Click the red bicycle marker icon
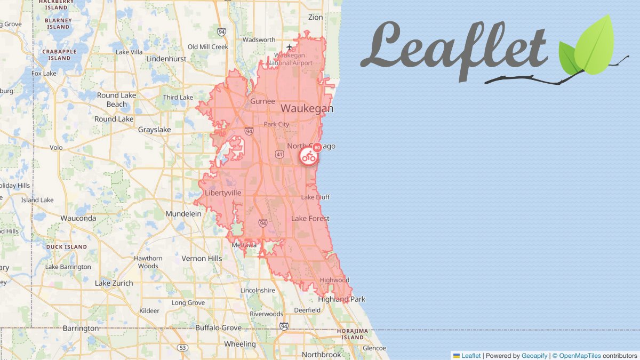[x=308, y=156]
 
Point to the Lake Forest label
[x=310, y=219]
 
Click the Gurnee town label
[x=263, y=101]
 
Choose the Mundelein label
[x=183, y=213]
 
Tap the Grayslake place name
[x=154, y=130]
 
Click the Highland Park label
[x=341, y=299]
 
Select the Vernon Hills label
[x=202, y=258]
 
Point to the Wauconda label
[x=78, y=218]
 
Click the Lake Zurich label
[x=114, y=283]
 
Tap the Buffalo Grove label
[x=218, y=327]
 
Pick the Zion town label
[x=315, y=17]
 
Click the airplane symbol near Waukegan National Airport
[x=290, y=47]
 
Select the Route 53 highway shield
[x=183, y=348]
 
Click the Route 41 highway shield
[x=279, y=154]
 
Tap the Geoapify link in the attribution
[x=534, y=356]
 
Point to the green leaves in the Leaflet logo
[x=587, y=48]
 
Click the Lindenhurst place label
[x=166, y=59]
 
